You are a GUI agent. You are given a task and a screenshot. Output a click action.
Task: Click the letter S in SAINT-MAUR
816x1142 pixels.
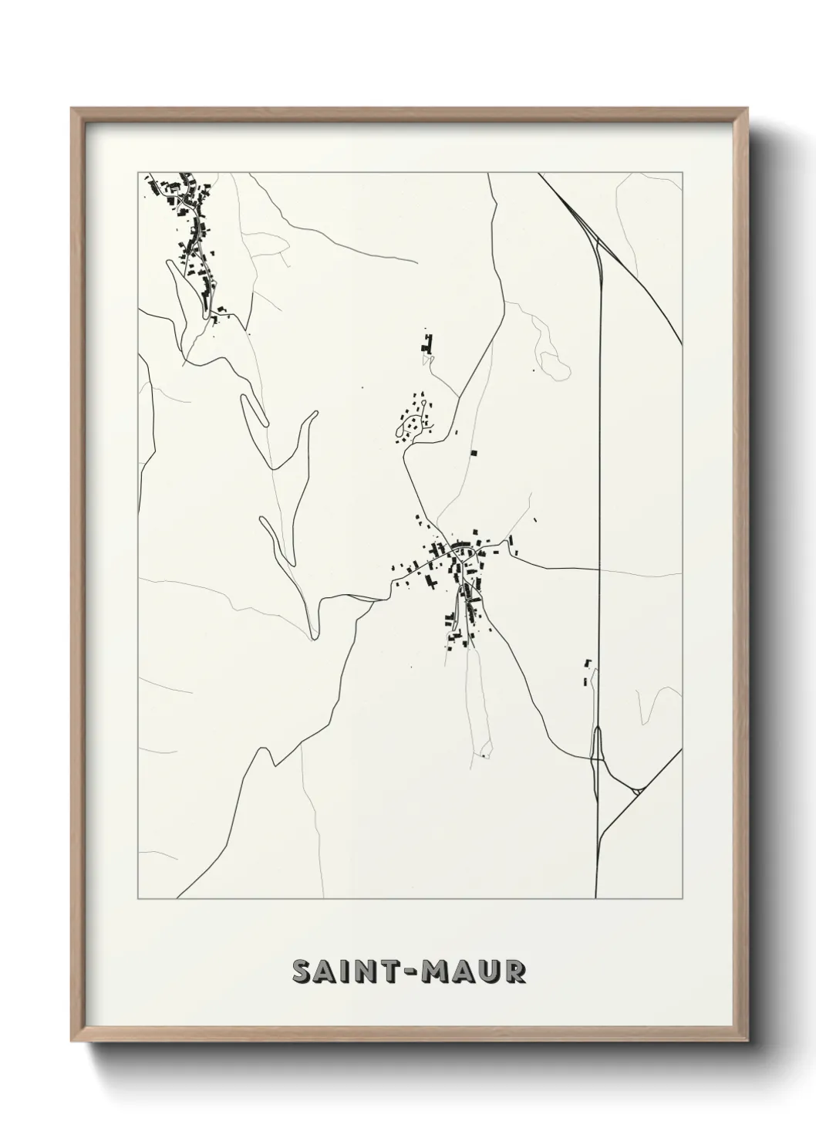(x=303, y=972)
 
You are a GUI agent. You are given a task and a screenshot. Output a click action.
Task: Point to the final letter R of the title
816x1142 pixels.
(x=514, y=972)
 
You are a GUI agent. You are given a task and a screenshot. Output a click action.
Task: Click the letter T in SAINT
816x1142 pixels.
(x=392, y=972)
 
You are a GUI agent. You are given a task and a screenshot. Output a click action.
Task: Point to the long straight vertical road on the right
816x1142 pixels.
(x=599, y=463)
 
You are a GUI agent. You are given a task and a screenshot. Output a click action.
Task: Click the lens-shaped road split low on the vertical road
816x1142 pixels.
(x=596, y=744)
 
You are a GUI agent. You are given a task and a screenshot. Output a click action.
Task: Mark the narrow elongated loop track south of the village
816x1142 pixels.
(x=477, y=702)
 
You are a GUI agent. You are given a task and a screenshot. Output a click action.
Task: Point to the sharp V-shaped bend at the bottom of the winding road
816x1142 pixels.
(x=313, y=637)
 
